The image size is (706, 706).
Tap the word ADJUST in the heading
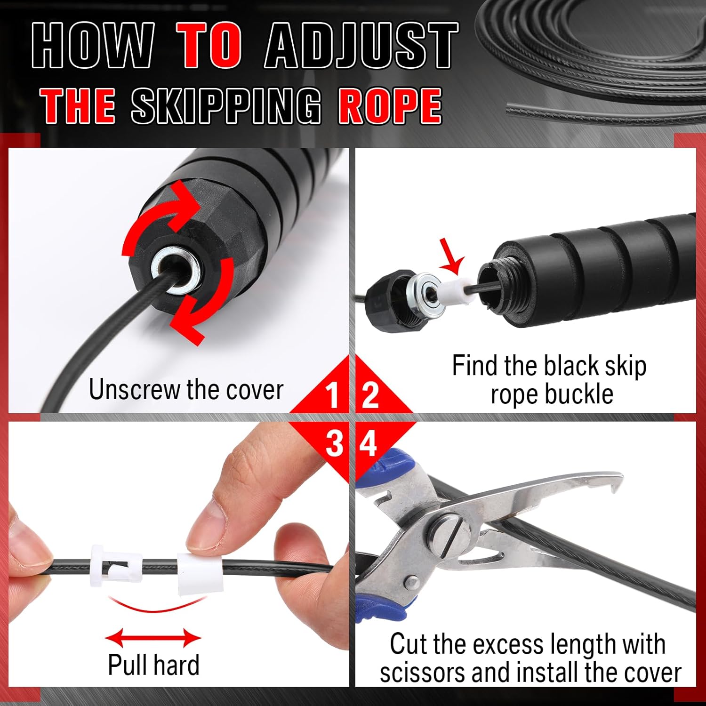click(x=361, y=46)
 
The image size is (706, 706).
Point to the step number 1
click(x=332, y=395)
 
